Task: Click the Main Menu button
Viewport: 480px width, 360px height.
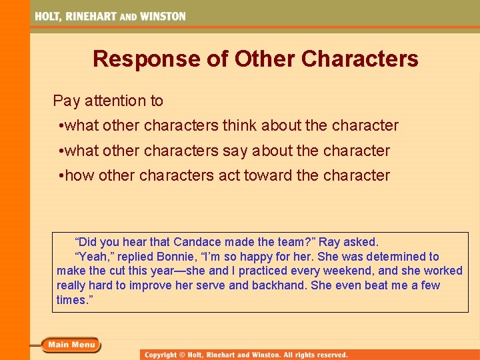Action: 71,345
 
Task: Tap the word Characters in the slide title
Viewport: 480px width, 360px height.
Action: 359,59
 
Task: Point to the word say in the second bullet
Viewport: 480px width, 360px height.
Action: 235,151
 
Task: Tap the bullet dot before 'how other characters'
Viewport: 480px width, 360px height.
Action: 61,176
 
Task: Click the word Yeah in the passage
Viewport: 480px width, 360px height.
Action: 91,257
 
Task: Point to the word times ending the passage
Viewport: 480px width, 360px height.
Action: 71,300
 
